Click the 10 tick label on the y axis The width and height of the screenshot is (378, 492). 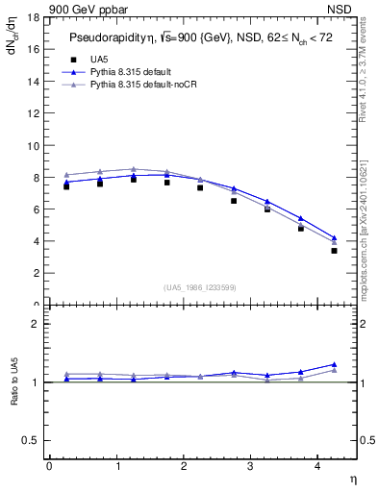tap(33, 146)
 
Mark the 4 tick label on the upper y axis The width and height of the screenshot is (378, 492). tap(36, 241)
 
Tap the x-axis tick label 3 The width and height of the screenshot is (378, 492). tap(252, 466)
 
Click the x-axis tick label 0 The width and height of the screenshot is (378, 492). tap(50, 466)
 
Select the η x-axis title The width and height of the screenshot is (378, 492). tap(352, 479)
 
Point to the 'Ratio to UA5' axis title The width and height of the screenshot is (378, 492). tap(14, 395)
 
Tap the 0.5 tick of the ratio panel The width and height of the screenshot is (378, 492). tap(30, 440)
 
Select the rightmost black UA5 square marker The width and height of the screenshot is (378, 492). tap(334, 251)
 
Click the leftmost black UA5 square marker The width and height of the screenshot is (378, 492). tap(66, 186)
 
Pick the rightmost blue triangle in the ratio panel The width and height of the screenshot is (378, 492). tap(334, 364)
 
